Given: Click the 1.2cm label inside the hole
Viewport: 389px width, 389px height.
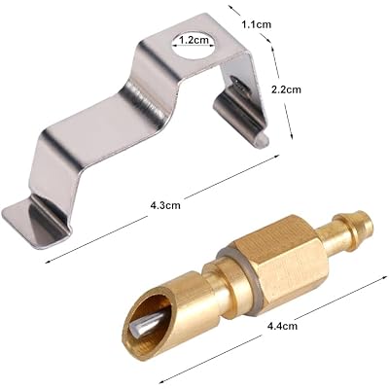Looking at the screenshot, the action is [x=194, y=40].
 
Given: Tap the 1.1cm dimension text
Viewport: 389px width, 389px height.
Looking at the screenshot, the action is [x=257, y=24].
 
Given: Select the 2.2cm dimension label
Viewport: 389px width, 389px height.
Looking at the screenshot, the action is [x=286, y=89].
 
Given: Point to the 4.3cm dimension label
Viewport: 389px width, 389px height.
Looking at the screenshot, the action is [x=165, y=205].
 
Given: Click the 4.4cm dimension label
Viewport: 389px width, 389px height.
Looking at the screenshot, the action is [x=282, y=326].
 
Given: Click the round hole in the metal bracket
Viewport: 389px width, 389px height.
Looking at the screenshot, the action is [x=194, y=45].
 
